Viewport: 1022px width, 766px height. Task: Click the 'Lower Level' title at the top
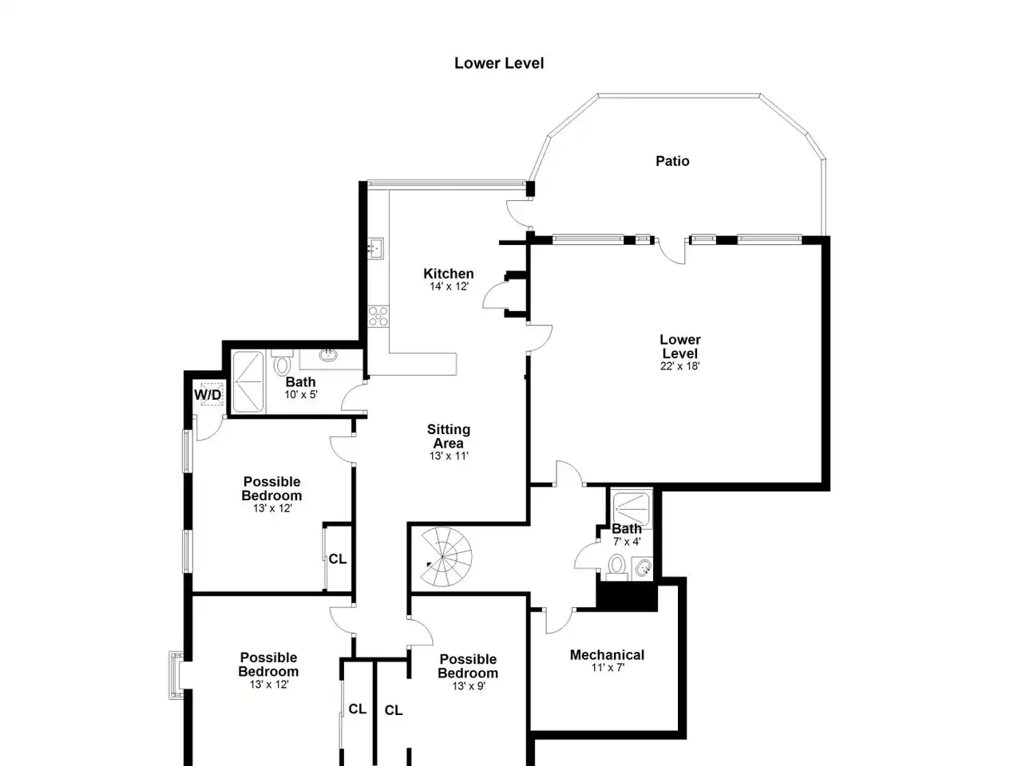click(499, 63)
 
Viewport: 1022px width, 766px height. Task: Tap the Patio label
click(672, 161)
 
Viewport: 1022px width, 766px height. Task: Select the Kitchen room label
click(449, 274)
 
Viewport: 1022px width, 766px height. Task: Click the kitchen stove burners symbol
click(378, 316)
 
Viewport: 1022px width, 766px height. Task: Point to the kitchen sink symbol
click(375, 248)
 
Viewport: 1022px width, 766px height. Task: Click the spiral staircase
click(446, 556)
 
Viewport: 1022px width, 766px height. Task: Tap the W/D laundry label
click(208, 395)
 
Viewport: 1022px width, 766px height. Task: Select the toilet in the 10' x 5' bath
click(282, 363)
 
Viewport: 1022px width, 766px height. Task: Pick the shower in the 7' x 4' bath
click(632, 508)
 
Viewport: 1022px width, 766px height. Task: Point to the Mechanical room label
click(607, 655)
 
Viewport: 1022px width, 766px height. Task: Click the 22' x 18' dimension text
click(679, 366)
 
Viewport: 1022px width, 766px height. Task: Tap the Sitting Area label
click(449, 436)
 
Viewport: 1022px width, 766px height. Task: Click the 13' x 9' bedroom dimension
click(469, 686)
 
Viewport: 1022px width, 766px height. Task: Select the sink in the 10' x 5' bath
click(329, 355)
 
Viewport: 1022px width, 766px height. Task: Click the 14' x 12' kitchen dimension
click(449, 286)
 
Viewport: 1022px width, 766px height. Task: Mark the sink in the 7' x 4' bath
click(642, 568)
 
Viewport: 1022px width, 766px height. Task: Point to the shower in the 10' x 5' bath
click(248, 382)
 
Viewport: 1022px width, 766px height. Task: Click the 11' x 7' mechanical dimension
click(608, 668)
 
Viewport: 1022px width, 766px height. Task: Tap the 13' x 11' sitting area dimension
click(449, 456)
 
